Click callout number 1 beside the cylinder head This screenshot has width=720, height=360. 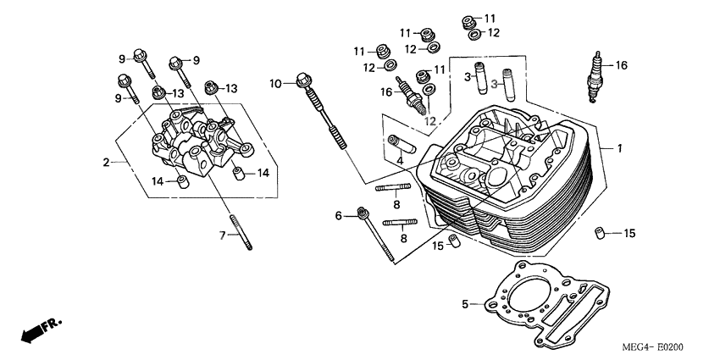click(619, 149)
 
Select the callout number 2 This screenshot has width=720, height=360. click(107, 162)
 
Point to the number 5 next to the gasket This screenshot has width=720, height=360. click(465, 303)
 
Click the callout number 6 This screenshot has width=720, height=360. click(339, 216)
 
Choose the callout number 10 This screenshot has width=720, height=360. click(275, 83)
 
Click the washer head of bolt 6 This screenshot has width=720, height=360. click(363, 213)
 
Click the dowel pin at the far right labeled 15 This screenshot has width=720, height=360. click(601, 233)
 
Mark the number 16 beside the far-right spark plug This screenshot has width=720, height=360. click(621, 65)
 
